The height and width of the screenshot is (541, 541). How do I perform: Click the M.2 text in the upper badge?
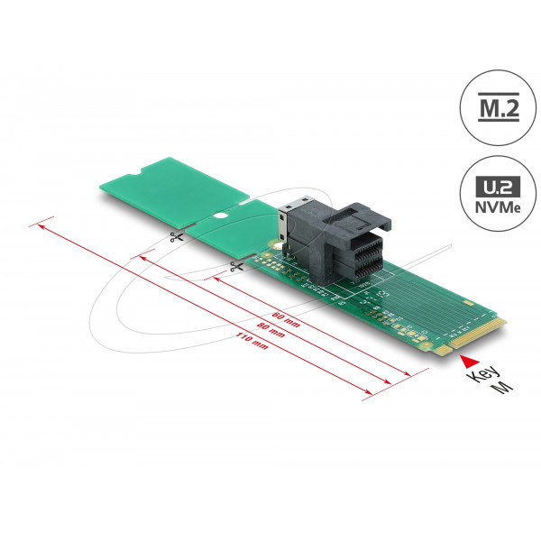(499, 107)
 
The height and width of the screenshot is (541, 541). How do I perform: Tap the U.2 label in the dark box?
(498, 188)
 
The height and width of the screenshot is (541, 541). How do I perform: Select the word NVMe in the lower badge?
(498, 207)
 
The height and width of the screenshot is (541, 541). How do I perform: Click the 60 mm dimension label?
(286, 319)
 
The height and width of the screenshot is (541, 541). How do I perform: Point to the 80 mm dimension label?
(270, 330)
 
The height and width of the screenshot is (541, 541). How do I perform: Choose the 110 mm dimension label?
(252, 341)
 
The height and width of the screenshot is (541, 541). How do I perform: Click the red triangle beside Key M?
(471, 361)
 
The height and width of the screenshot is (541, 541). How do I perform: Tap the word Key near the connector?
(482, 375)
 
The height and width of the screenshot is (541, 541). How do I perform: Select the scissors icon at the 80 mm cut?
(177, 236)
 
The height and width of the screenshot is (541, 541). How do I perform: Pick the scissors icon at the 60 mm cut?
(236, 266)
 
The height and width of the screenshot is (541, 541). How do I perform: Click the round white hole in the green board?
(219, 216)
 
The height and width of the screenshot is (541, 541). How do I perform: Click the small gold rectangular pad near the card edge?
(469, 303)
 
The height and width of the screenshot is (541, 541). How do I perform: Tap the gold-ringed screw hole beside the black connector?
(277, 246)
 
